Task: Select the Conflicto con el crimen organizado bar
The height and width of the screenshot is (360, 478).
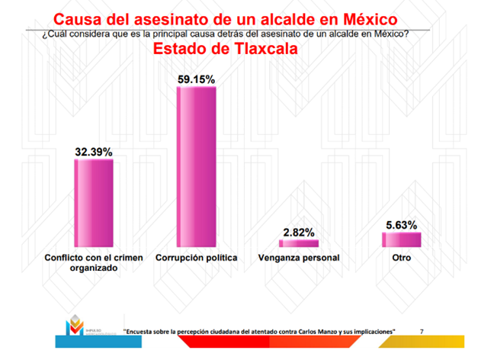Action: coord(93,202)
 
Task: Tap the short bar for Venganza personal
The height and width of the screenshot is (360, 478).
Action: coord(298,243)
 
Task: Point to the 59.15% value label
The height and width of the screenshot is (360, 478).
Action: coord(197,79)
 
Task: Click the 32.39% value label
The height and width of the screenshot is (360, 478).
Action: coord(93,152)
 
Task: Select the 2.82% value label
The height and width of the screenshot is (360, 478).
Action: coord(298,232)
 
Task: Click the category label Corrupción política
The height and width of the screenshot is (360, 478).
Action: coord(197,258)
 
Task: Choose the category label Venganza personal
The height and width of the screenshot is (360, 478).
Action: coord(298,258)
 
